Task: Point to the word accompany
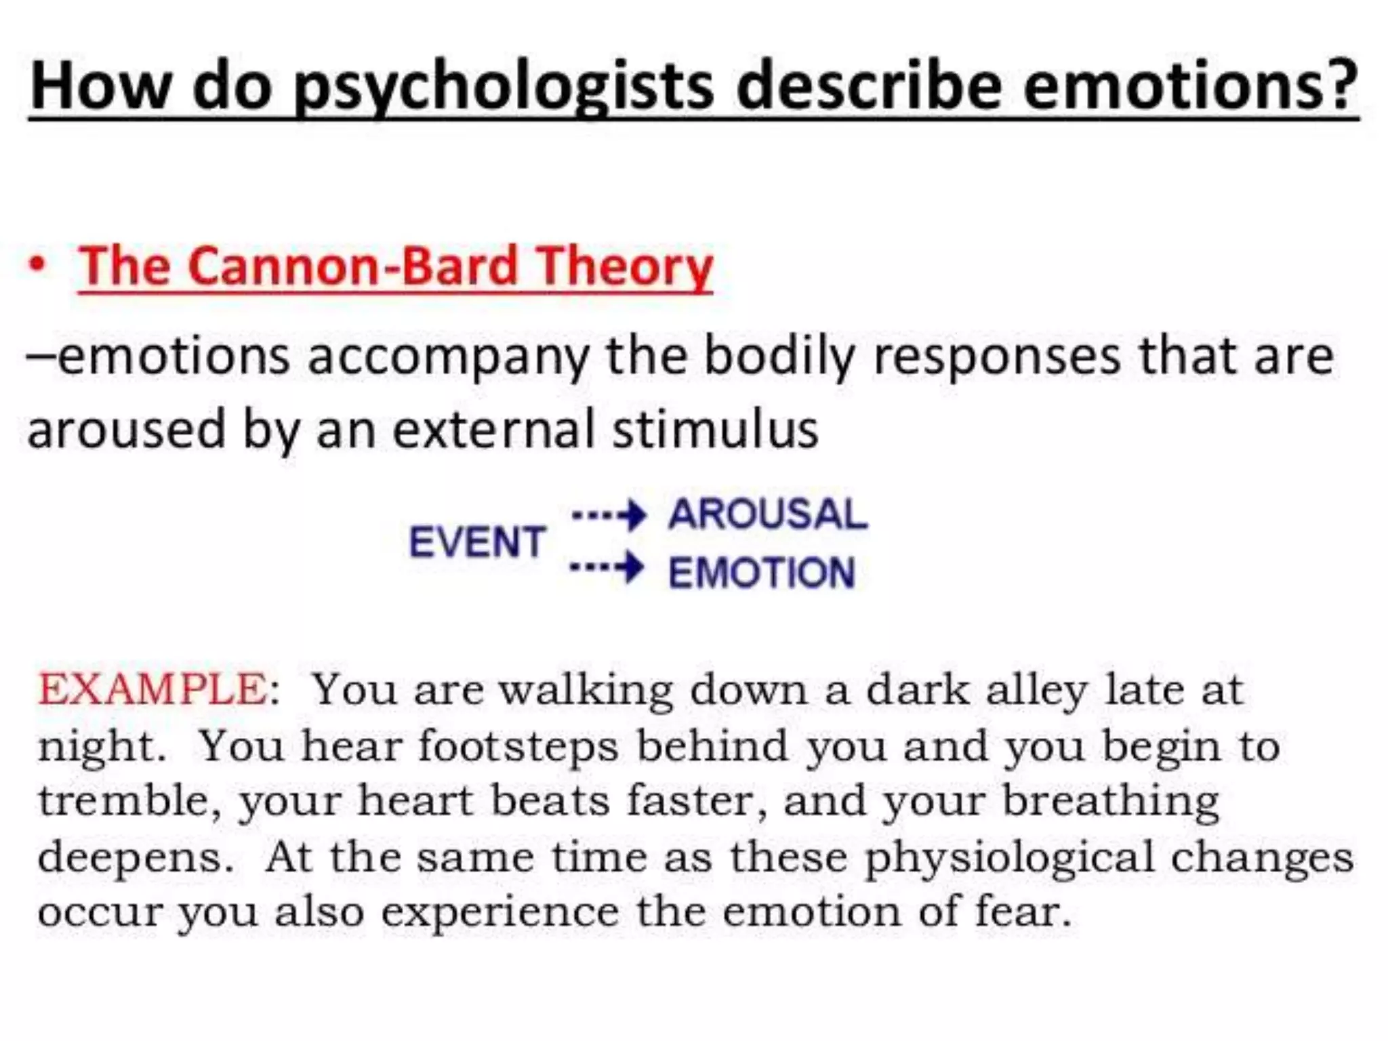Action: [x=448, y=358]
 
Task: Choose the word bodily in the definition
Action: [x=779, y=356]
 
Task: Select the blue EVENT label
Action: [x=477, y=542]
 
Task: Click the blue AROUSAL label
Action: [x=768, y=514]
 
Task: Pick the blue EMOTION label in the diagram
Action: [x=762, y=573]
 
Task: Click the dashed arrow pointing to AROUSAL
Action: [x=609, y=516]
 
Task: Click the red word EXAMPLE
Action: [x=153, y=690]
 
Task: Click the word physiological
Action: [x=1009, y=858]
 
